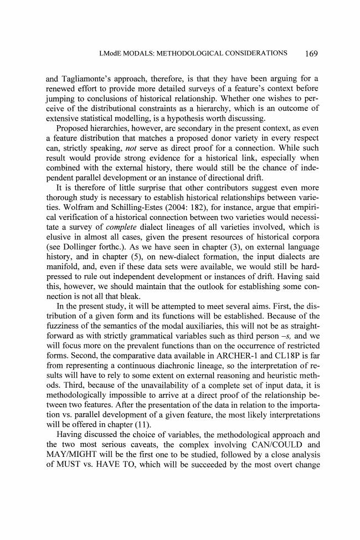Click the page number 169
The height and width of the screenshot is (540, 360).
pyautogui.click(x=310, y=54)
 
